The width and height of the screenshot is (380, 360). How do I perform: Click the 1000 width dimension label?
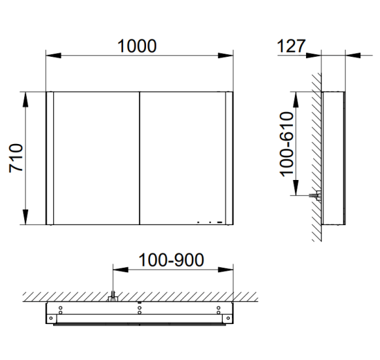[137, 46]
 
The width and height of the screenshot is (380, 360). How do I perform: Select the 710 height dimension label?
[16, 158]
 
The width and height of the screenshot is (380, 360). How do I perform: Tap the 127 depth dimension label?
[291, 46]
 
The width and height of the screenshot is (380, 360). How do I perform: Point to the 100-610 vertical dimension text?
[286, 144]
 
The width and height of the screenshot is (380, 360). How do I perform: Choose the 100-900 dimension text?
[171, 260]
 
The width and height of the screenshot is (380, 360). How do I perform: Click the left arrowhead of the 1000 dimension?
[54, 56]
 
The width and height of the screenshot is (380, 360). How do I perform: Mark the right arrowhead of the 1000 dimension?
[225, 56]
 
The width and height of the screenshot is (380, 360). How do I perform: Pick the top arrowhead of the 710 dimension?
[26, 99]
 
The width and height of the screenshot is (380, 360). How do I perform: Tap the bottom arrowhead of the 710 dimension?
[26, 217]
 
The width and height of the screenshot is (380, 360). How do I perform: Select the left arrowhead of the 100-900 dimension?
[121, 270]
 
